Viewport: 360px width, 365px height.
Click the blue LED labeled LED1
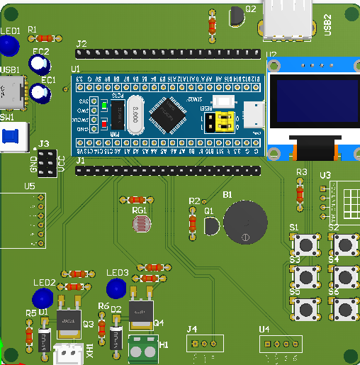coord(9,46)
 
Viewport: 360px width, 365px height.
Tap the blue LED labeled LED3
coord(116,288)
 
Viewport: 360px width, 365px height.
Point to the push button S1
coord(306,245)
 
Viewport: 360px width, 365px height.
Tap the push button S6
coord(346,308)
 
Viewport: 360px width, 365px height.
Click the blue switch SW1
coord(11,137)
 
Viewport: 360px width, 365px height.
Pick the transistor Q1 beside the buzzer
coord(210,226)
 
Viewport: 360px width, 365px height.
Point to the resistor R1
coord(45,38)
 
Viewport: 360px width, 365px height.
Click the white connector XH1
coord(69,352)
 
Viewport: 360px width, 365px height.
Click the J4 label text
coord(191,329)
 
